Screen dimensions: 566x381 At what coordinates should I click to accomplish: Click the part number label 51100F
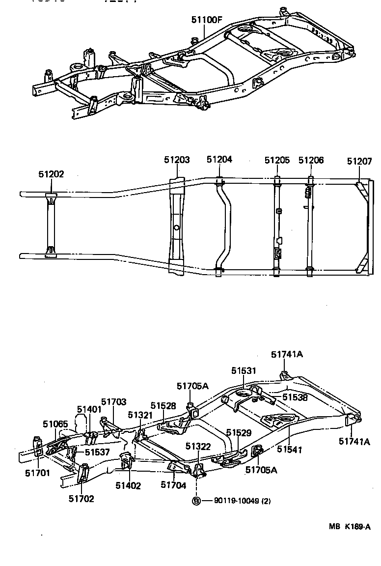point(207,20)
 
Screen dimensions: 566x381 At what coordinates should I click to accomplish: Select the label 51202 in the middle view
point(51,174)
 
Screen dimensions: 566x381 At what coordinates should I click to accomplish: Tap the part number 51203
point(177,160)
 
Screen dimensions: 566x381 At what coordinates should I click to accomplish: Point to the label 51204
point(219,160)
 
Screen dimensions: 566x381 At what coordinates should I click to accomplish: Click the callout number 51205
point(277,160)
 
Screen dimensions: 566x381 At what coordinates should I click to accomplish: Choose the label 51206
point(311,160)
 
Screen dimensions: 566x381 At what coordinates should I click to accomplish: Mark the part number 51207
point(359,161)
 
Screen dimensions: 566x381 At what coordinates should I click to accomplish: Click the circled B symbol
point(196,501)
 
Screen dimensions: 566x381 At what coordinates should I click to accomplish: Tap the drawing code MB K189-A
point(349,526)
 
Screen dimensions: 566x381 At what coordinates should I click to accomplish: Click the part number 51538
point(295,397)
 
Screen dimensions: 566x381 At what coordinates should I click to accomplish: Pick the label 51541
point(289,449)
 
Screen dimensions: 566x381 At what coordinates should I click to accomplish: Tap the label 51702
point(81,499)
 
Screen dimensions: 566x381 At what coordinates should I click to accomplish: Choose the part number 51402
point(128,485)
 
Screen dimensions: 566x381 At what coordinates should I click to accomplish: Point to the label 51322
point(198,446)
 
